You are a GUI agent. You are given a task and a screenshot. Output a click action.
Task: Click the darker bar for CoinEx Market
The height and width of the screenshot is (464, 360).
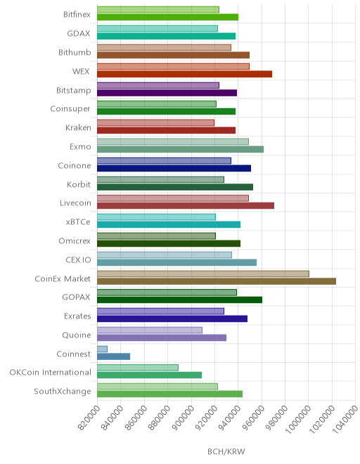(x=217, y=281)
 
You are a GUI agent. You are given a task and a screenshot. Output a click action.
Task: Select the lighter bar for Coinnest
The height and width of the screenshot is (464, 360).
(x=102, y=349)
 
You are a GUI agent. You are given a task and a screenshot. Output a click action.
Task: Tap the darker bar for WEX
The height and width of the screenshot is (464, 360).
(x=184, y=74)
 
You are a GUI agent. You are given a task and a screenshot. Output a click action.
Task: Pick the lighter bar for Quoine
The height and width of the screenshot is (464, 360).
(x=150, y=330)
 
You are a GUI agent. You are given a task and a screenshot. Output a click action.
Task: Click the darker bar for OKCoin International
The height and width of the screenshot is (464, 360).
(x=149, y=375)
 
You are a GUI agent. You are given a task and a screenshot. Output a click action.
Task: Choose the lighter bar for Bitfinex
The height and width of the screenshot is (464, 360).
(x=158, y=10)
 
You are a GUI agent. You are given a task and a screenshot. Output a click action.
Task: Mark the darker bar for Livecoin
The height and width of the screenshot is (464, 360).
(x=186, y=206)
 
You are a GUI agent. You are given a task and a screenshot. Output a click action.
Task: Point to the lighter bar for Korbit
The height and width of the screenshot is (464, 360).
(x=160, y=179)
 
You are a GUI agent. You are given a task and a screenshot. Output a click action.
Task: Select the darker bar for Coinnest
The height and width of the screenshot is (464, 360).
(x=113, y=356)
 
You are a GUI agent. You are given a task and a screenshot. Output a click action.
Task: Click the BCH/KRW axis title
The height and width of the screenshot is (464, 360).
(x=226, y=451)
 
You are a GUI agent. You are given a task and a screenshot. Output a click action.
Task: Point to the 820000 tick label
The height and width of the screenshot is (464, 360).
(x=89, y=417)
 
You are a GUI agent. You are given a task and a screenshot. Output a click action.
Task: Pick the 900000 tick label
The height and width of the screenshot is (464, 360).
(x=183, y=417)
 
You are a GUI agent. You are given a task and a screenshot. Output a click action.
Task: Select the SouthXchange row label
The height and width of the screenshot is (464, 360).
(x=63, y=391)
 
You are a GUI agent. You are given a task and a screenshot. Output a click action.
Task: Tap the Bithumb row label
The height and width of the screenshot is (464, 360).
(x=75, y=53)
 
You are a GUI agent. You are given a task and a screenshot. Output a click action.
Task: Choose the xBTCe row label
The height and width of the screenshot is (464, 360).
(x=78, y=222)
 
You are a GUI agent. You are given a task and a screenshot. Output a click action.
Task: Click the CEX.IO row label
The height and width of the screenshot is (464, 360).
(x=78, y=260)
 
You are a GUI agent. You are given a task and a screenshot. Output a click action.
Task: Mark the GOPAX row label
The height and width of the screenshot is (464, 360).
(x=76, y=297)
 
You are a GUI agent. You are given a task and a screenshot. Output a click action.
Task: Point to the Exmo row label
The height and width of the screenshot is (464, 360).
(x=80, y=147)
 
